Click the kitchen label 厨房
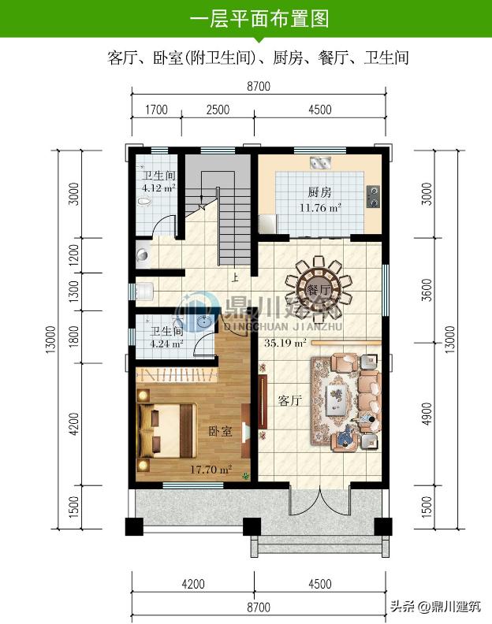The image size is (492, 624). [x=319, y=192]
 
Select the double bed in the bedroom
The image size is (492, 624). [x=166, y=431]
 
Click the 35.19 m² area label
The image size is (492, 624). [x=285, y=343]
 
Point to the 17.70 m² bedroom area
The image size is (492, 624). [x=211, y=470]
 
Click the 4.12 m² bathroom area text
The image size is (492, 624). [x=158, y=188]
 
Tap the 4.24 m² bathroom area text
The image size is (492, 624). [x=166, y=343]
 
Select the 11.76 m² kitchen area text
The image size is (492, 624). [x=320, y=207]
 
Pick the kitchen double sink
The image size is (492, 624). [x=320, y=162]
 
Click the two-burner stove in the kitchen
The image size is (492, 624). [x=373, y=197]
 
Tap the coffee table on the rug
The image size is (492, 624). [x=337, y=400]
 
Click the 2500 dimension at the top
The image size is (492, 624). [x=218, y=110]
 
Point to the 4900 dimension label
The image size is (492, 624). [x=427, y=414]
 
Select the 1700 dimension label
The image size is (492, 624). [x=156, y=110]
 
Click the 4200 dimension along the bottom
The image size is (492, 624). [x=193, y=584]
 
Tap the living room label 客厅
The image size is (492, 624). [x=289, y=400]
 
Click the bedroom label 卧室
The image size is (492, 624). [x=220, y=431]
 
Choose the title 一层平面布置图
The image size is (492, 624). [x=259, y=19]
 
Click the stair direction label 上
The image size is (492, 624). [x=235, y=277]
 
